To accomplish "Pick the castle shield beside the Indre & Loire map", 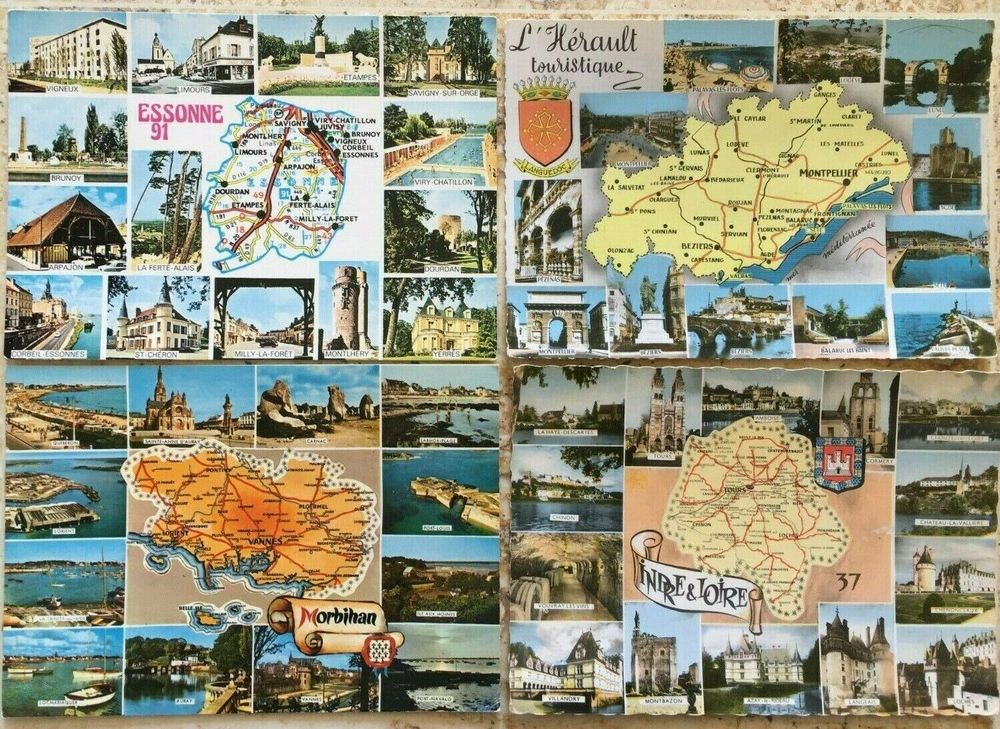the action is coord(838,463).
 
